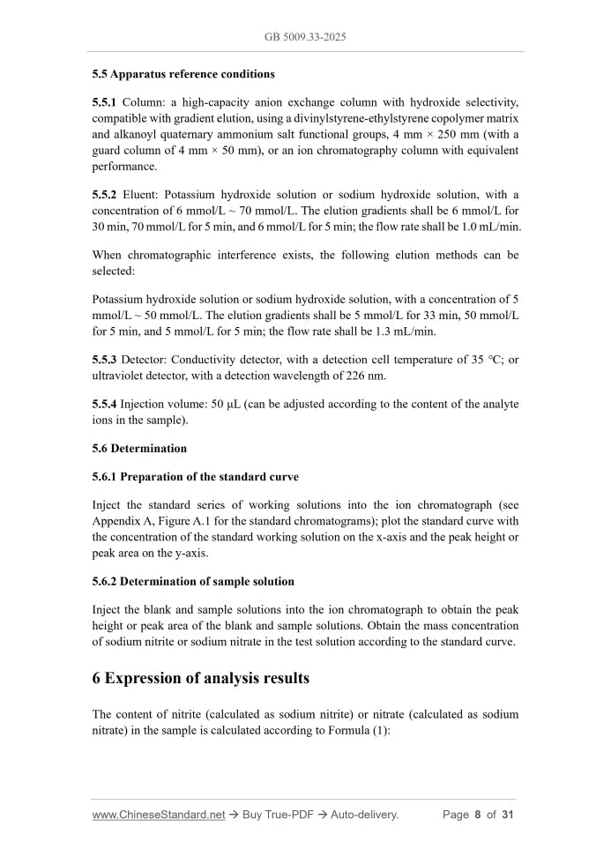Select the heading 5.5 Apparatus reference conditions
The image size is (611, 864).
coord(183,74)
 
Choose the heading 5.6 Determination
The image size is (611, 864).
coord(139,448)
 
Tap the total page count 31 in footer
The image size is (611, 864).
coord(508,815)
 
